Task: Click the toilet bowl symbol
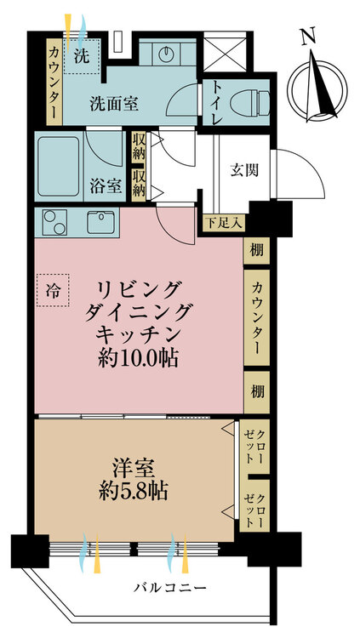pos(249,103)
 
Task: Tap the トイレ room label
pos(216,102)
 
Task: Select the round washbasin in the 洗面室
pos(167,54)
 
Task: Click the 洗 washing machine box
pos(82,56)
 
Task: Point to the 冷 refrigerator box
pos(53,290)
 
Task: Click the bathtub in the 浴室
pos(60,167)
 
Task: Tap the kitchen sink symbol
pos(100,222)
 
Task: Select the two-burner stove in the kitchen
pos(54,222)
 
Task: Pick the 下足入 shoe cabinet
pos(224,223)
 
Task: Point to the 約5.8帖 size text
pos(134,491)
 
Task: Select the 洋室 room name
pos(134,468)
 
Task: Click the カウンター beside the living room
pos(256,317)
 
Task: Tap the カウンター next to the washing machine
pos(54,82)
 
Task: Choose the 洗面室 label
pos(114,105)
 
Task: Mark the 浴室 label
pos(105,187)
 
